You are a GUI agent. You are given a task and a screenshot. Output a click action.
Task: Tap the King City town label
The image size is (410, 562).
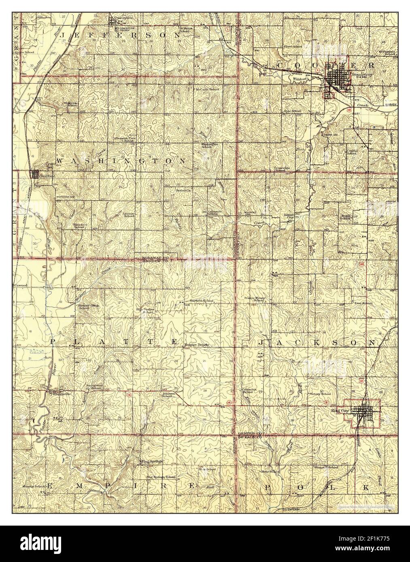[x=339, y=411]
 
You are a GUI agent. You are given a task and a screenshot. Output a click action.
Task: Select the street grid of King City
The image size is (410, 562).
[x=363, y=411]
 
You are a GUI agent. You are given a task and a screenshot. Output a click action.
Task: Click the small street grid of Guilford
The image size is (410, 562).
[x=36, y=174]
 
